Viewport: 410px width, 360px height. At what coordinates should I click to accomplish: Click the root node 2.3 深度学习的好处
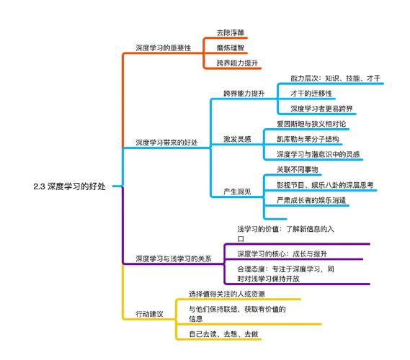[x=69, y=186]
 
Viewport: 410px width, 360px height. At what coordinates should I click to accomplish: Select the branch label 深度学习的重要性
[x=164, y=48]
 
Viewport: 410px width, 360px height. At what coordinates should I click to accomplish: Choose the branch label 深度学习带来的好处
[x=166, y=142]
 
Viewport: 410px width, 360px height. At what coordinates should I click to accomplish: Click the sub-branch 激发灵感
[x=237, y=139]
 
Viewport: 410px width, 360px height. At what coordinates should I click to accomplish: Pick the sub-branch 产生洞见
[x=237, y=192]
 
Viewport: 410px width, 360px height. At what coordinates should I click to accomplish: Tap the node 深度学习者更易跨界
[x=322, y=108]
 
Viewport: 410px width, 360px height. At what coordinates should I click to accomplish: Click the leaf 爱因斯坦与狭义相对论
[x=311, y=124]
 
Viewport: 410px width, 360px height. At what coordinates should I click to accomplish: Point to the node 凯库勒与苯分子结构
[x=308, y=139]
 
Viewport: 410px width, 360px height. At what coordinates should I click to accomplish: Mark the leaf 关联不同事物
[x=297, y=170]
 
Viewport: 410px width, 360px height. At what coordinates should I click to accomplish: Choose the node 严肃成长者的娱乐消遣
[x=311, y=199]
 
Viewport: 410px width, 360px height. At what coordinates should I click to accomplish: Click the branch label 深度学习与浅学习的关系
[x=174, y=259]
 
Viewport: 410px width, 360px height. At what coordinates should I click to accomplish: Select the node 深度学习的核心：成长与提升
[x=282, y=253]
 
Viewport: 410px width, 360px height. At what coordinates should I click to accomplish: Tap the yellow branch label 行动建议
[x=149, y=315]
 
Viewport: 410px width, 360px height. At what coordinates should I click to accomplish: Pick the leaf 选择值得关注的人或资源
[x=228, y=294]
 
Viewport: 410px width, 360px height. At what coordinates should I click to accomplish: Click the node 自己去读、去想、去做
[x=223, y=334]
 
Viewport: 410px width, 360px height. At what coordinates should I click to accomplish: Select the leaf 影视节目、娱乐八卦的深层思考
[x=325, y=185]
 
